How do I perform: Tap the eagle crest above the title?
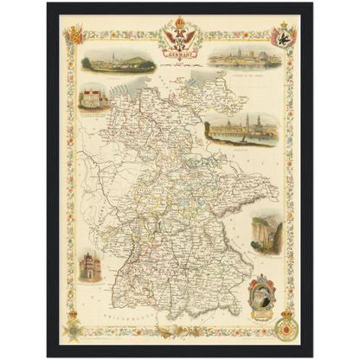[180, 35]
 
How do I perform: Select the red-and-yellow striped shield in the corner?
[74, 35]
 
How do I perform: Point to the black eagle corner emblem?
[283, 35]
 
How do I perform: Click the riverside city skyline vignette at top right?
[244, 59]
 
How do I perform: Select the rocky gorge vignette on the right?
[266, 234]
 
